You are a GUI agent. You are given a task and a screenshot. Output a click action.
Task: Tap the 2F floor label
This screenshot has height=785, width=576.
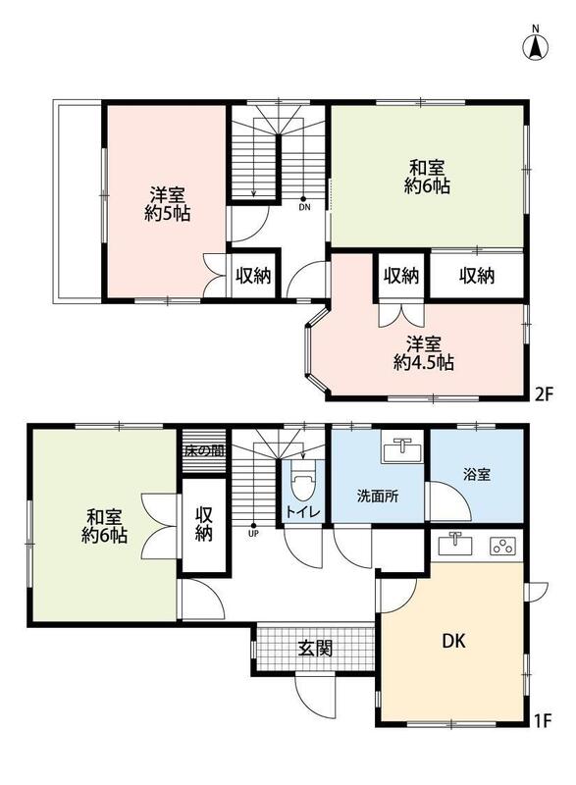(x=544, y=395)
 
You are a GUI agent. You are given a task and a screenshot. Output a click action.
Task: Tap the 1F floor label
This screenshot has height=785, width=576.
(x=543, y=721)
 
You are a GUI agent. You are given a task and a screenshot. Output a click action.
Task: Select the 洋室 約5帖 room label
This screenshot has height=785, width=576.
(x=167, y=204)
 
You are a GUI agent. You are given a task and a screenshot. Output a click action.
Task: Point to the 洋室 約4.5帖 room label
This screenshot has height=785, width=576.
(x=423, y=353)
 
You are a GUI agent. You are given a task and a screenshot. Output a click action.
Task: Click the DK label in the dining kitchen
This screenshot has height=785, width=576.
(x=454, y=641)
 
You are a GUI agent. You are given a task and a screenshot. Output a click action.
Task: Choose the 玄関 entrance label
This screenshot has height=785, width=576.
(x=315, y=650)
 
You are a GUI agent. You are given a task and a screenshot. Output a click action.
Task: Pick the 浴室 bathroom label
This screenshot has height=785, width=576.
(x=477, y=474)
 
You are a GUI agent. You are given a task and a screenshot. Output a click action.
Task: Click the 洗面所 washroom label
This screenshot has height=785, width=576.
(x=378, y=497)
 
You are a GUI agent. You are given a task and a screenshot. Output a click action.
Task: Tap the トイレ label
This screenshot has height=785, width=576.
(x=303, y=511)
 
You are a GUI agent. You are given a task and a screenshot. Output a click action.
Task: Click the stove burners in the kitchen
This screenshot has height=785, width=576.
(x=502, y=546)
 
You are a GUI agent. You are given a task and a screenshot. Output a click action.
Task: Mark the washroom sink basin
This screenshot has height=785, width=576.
(x=401, y=450)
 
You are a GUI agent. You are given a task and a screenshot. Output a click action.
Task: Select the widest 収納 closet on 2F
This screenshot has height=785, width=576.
(x=477, y=276)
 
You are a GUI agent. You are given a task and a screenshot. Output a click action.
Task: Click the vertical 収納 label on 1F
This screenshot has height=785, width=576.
(x=204, y=524)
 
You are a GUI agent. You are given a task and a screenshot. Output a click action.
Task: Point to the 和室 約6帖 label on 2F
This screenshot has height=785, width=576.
(x=427, y=177)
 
